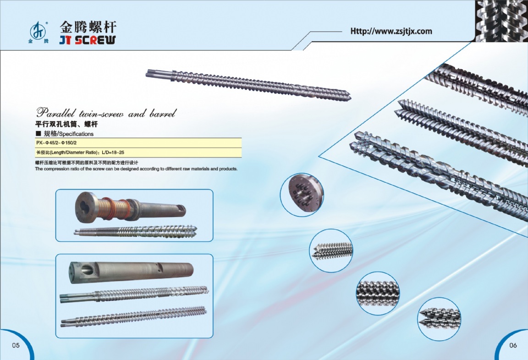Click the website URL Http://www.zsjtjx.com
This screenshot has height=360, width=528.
point(391,31)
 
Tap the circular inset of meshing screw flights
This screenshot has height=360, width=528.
point(378,292)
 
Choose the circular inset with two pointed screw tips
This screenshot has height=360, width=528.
point(439,318)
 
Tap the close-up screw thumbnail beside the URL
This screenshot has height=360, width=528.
point(501,21)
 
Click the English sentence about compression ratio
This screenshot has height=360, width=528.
point(136,169)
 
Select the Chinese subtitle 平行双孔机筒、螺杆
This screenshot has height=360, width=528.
point(67,124)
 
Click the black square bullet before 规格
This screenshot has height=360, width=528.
point(38,134)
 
